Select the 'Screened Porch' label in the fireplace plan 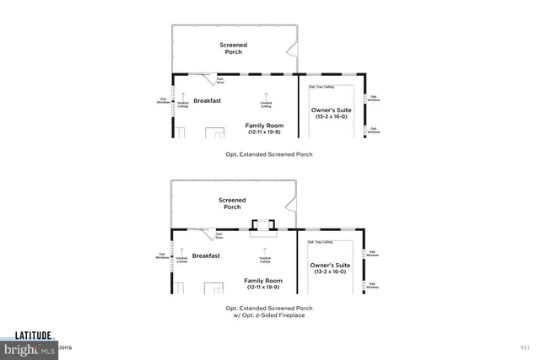(232, 203)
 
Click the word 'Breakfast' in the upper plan (207, 100)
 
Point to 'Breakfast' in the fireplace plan (207, 255)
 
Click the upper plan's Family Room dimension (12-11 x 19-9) (265, 132)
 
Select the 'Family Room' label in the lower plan (265, 281)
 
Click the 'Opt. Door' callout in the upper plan (219, 82)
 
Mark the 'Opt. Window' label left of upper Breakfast (164, 100)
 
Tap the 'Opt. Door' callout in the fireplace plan (219, 237)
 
